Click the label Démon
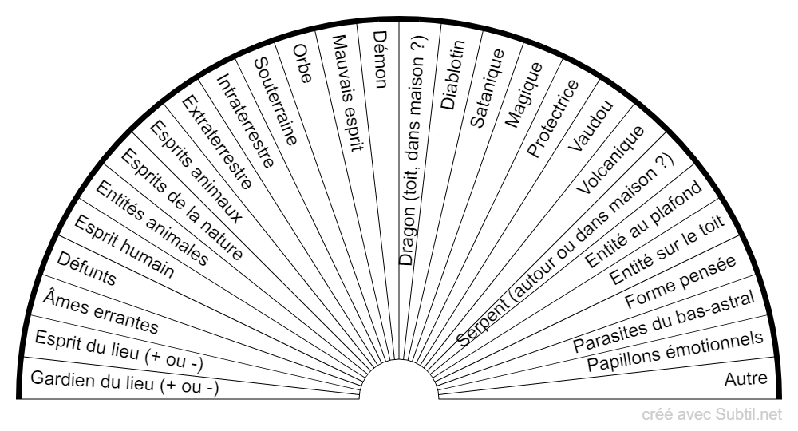pyautogui.click(x=381, y=60)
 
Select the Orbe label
pyautogui.click(x=302, y=64)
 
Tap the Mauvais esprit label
pyautogui.click(x=348, y=93)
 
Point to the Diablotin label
pyautogui.click(x=452, y=75)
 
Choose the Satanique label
pyautogui.click(x=487, y=88)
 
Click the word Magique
pyautogui.click(x=523, y=95)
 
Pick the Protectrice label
pyautogui.click(x=553, y=118)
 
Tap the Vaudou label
pyautogui.click(x=591, y=125)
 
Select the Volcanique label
pyautogui.click(x=610, y=160)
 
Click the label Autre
pyautogui.click(x=745, y=378)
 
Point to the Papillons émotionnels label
pyautogui.click(x=675, y=351)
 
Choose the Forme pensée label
pyautogui.click(x=681, y=282)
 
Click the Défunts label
pyautogui.click(x=86, y=268)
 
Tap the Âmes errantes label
pyautogui.click(x=101, y=311)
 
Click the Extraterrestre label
pyautogui.click(x=217, y=142)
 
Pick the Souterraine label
pyautogui.click(x=275, y=101)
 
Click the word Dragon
pyautogui.click(x=407, y=238)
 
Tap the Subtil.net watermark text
pyautogui.click(x=749, y=415)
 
